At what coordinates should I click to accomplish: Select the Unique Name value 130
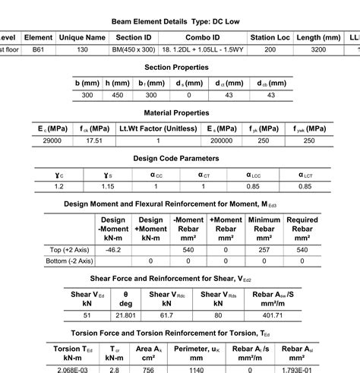tap(81, 49)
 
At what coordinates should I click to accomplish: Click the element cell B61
tap(38, 49)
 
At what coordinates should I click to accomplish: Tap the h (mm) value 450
tap(118, 95)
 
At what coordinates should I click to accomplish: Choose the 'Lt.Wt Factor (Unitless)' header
tap(158, 128)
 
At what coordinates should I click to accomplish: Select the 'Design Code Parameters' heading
tap(176, 159)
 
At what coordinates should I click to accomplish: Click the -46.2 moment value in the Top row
tap(113, 250)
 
